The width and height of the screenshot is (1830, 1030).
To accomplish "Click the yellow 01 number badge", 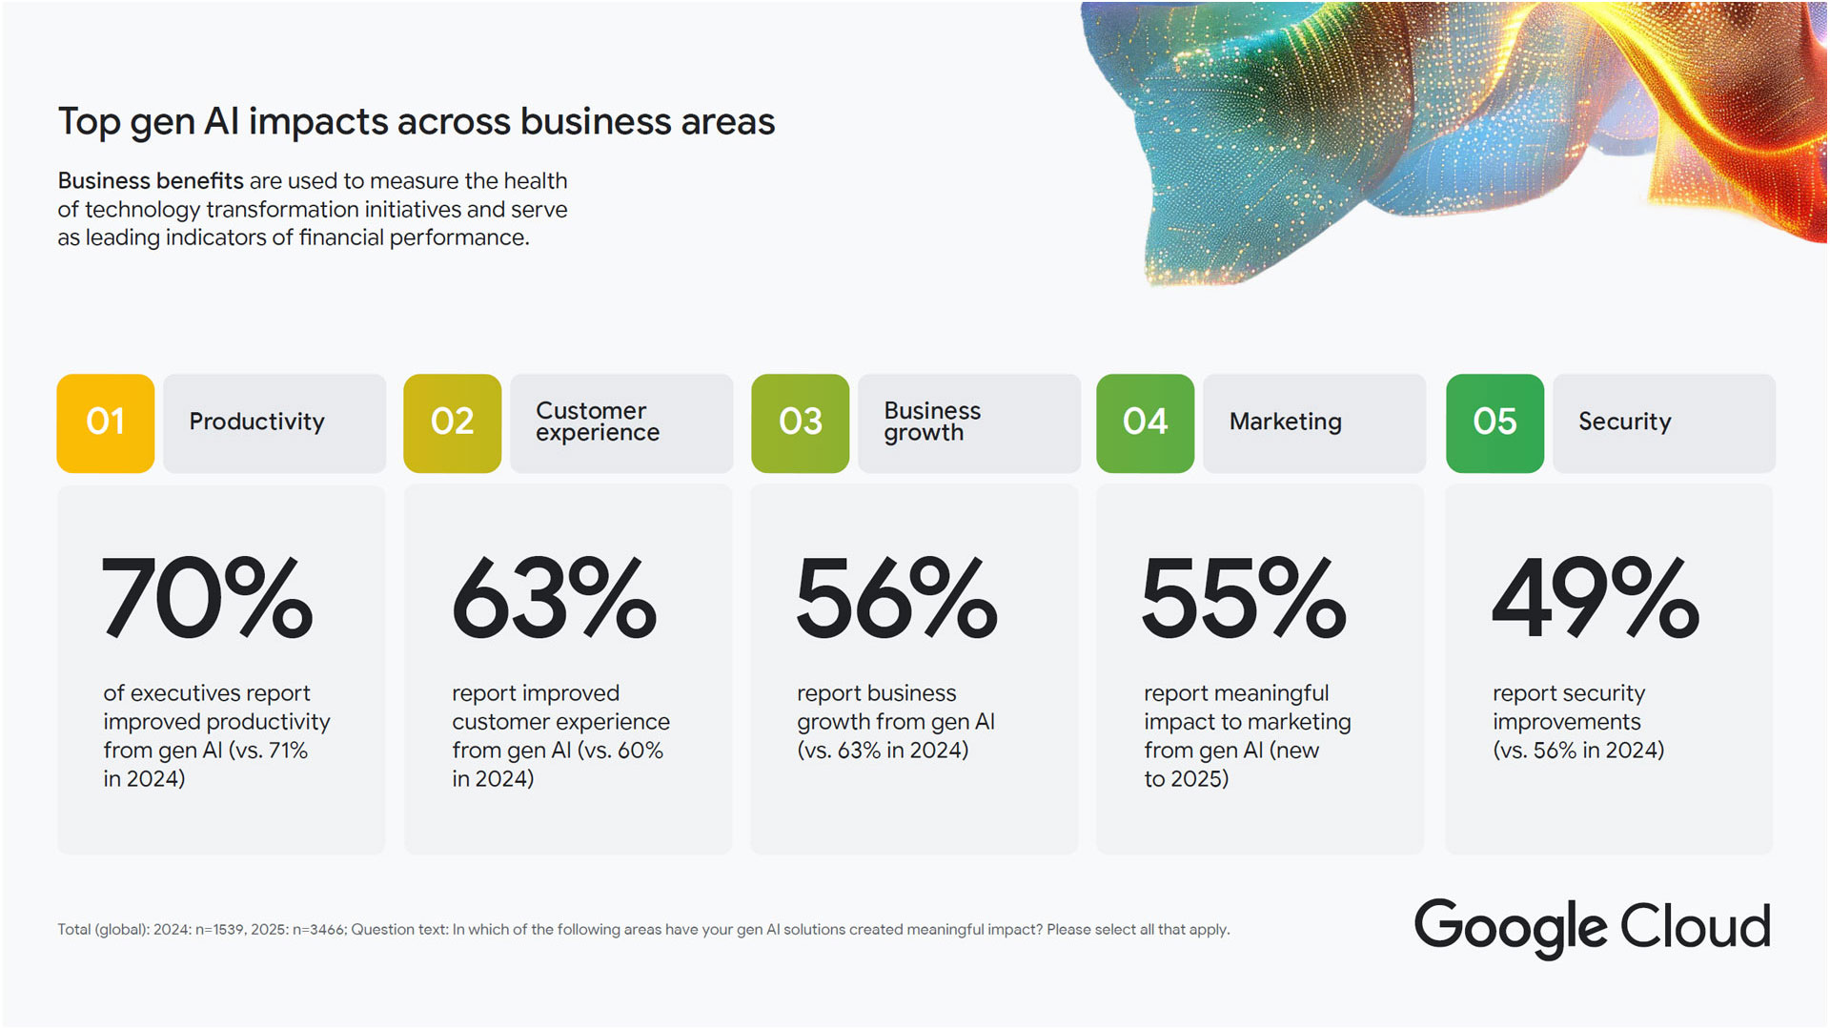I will [105, 422].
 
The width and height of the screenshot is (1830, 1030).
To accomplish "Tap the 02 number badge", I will [452, 422].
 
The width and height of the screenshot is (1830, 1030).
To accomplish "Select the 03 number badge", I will [800, 422].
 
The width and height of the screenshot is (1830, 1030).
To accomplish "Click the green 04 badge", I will [1145, 422].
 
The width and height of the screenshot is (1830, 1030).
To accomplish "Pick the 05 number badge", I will [1494, 422].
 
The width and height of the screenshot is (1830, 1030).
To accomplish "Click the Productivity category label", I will [256, 422].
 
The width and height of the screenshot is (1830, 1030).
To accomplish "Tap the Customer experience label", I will [597, 422].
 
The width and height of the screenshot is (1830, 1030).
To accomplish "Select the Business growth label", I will [931, 422].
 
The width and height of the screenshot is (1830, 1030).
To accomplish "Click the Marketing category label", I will [1285, 422].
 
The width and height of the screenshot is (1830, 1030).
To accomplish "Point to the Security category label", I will [1624, 422].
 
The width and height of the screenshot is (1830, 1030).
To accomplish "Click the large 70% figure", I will [207, 599].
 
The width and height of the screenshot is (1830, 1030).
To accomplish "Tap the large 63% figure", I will [554, 599].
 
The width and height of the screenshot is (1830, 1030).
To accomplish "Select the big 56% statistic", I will [897, 599].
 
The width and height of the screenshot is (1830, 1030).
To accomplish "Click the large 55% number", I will [1244, 599].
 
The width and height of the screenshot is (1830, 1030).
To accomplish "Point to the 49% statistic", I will [1595, 599].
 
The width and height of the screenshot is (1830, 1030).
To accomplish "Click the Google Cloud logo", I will [1592, 927].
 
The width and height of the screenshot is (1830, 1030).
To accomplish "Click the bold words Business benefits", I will [151, 181].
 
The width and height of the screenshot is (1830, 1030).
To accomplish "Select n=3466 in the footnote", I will [319, 930].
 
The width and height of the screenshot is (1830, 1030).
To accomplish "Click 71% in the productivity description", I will [287, 752].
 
